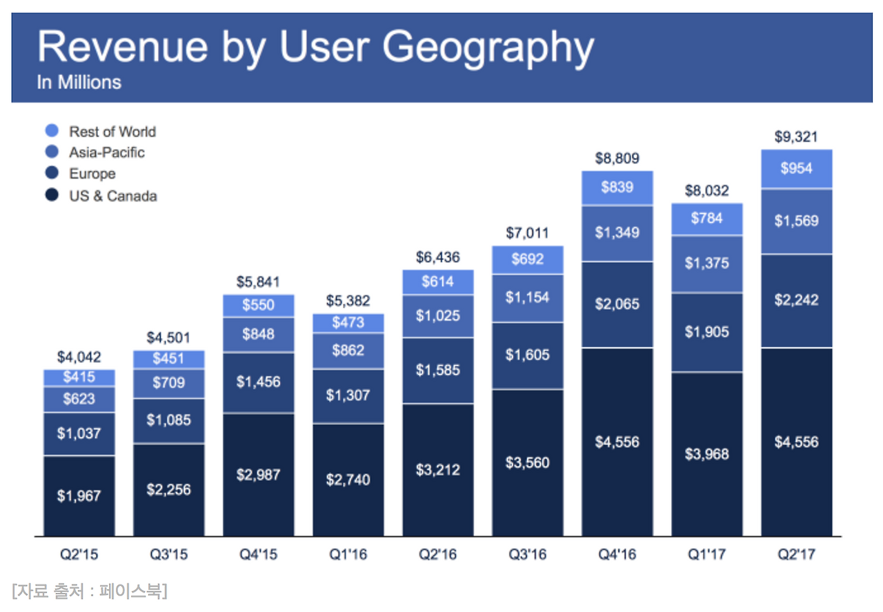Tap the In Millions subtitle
[x=79, y=82]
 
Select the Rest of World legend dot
[x=52, y=131]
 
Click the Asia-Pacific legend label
[x=107, y=152]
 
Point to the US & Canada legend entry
[x=112, y=196]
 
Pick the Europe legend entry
[x=92, y=174]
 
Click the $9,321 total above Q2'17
[x=796, y=137]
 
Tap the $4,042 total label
[x=79, y=357]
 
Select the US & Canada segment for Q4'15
[x=259, y=474]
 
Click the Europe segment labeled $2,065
[x=617, y=304]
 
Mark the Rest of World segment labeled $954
[x=796, y=168]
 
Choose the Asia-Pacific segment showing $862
[x=348, y=351]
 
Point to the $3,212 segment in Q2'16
[x=438, y=470]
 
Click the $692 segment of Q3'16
[x=528, y=259]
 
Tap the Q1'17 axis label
[x=706, y=555]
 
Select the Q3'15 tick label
[x=169, y=555]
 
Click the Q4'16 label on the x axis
[x=617, y=555]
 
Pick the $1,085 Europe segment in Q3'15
[x=169, y=420]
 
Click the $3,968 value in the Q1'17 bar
[x=706, y=454]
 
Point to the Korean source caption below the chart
[x=90, y=591]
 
